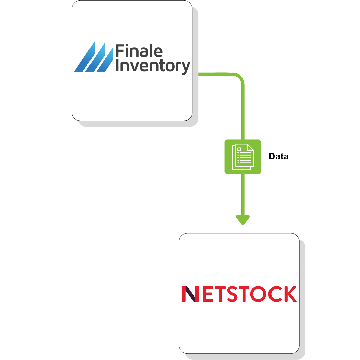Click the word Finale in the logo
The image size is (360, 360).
click(139, 52)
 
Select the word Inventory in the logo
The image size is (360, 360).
click(153, 66)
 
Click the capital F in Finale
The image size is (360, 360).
click(120, 52)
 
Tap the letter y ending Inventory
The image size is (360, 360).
click(186, 68)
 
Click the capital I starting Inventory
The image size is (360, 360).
click(117, 66)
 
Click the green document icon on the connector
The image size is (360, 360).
click(243, 157)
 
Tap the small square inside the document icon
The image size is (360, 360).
click(239, 149)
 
